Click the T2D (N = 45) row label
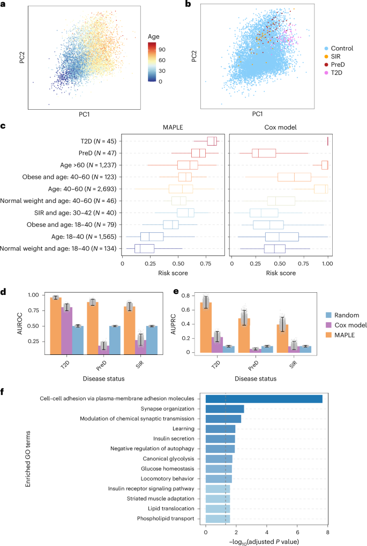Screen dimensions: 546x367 pyautogui.click(x=93, y=141)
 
